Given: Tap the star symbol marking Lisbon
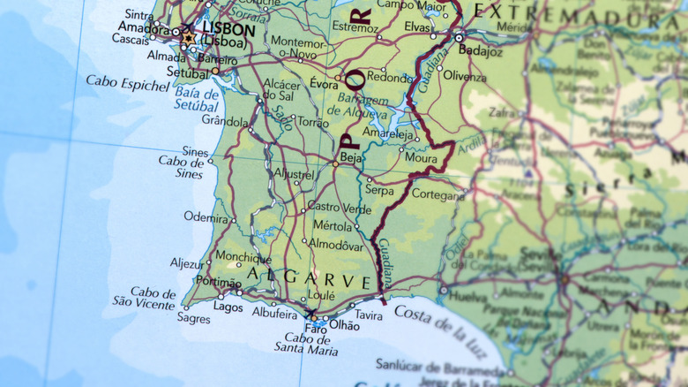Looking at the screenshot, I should coord(188,39).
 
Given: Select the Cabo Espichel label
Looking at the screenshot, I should coord(127,83).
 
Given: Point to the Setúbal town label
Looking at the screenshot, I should coord(187,72).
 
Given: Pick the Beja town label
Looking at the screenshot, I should coord(351,157).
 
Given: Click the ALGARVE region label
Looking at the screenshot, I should coord(309,280).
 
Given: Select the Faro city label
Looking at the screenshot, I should coord(303,330).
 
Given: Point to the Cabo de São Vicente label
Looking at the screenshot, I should coord(144,297).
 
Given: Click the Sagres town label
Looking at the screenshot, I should coord(194,318).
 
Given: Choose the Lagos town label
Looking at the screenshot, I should coord(228,307).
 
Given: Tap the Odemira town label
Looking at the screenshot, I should coord(206,216).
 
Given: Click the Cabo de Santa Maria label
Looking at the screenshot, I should coord(310,345).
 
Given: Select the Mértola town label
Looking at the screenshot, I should coord(332,226).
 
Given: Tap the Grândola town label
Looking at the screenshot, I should coord(224,120).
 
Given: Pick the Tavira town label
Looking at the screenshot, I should coord(369,315).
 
